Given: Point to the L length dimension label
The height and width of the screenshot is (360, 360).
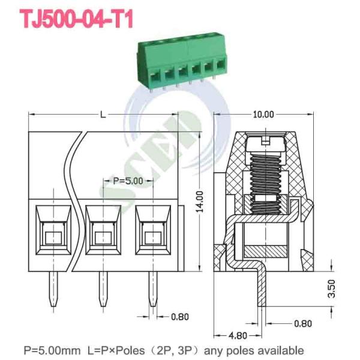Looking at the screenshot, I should (x=103, y=115).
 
